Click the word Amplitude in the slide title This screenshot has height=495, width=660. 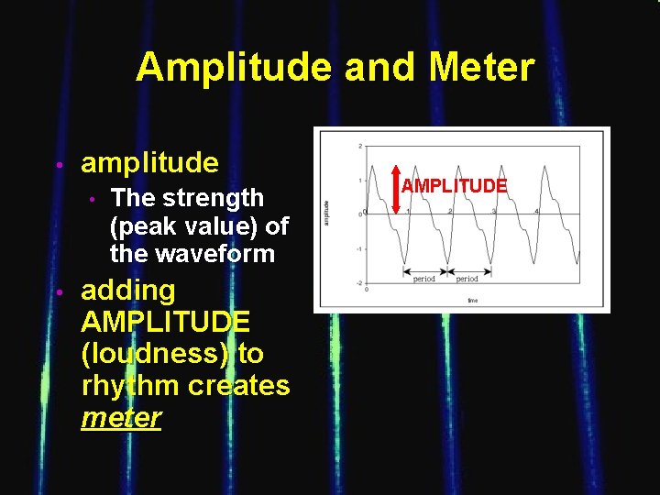(x=233, y=68)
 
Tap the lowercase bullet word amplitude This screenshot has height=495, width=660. (x=150, y=163)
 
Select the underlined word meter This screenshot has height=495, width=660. (x=121, y=418)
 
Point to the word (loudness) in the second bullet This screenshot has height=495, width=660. (x=156, y=354)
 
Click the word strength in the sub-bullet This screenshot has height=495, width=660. (x=218, y=198)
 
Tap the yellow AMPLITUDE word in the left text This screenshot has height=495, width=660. (x=166, y=322)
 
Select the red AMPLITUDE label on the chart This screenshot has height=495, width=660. (x=454, y=186)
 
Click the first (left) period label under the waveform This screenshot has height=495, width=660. (x=424, y=279)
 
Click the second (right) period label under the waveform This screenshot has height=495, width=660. (x=467, y=279)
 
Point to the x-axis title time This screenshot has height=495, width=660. (x=472, y=299)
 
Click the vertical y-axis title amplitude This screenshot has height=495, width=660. (x=327, y=216)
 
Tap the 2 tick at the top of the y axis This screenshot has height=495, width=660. (x=360, y=147)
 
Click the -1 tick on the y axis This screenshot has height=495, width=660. (x=360, y=249)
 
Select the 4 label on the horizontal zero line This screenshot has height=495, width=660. (x=536, y=210)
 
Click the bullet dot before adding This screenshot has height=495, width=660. (x=58, y=291)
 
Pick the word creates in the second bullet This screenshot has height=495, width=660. (x=239, y=386)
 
